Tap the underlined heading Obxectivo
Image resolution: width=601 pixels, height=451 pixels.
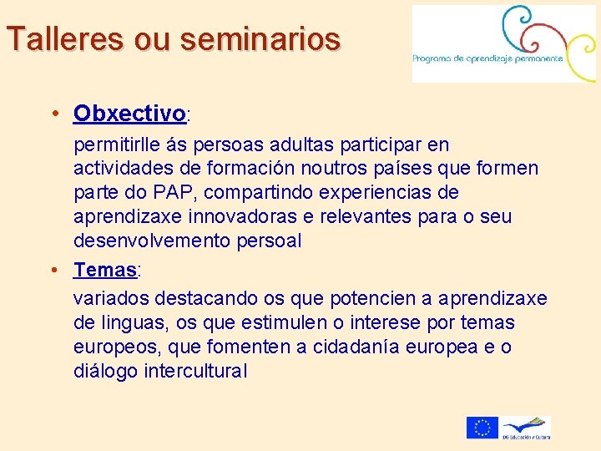tap(129, 113)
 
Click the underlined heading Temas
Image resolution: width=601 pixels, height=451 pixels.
tap(105, 270)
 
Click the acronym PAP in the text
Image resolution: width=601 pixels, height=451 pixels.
tap(169, 193)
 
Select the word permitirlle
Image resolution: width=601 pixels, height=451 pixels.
tap(115, 146)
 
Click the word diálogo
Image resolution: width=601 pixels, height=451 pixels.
tap(103, 371)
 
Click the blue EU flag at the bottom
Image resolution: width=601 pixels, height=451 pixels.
tap(482, 428)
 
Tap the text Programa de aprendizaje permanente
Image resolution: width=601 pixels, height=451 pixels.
tap(488, 58)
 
